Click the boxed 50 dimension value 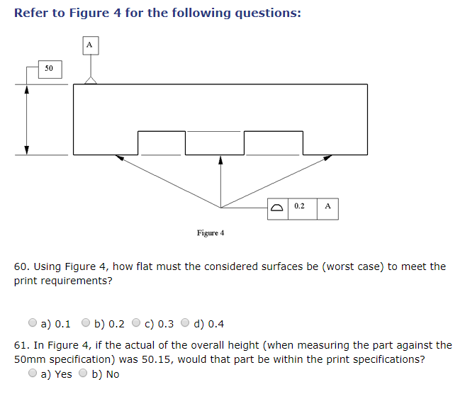point(49,69)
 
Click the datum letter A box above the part point(89,45)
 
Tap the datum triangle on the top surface point(90,81)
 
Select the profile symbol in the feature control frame point(278,207)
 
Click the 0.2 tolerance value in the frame point(299,206)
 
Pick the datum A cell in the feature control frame point(327,206)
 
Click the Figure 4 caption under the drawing point(211,233)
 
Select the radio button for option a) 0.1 point(33,323)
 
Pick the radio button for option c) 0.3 point(137,323)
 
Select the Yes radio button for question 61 point(33,373)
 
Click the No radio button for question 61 point(84,373)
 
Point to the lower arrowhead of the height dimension point(27,150)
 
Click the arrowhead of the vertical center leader point(220,159)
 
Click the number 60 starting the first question point(21,266)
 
